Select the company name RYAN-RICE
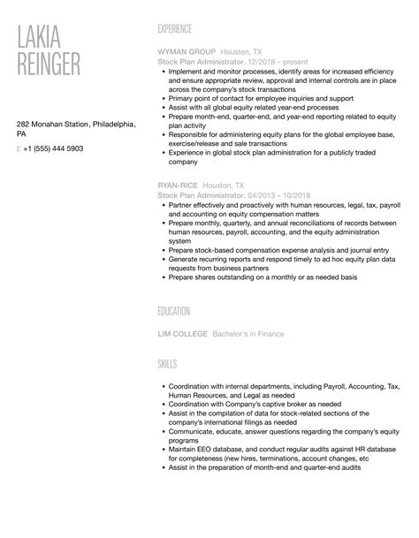click(176, 186)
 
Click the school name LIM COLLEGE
click(183, 334)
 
